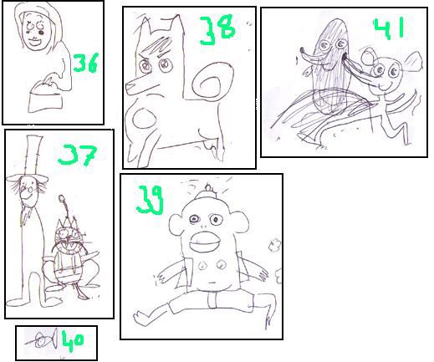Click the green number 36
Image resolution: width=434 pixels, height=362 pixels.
click(x=85, y=63)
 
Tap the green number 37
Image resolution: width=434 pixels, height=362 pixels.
click(x=77, y=155)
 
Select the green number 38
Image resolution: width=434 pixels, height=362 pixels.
click(x=217, y=30)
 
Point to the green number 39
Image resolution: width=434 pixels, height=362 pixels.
click(x=150, y=200)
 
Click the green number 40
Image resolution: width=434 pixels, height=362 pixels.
click(x=73, y=340)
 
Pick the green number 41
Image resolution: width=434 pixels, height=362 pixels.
click(x=389, y=28)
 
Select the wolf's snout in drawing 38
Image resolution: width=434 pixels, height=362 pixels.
click(x=133, y=86)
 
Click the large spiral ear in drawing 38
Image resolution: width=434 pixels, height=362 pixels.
click(x=212, y=81)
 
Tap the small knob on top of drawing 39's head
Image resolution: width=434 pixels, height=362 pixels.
click(x=208, y=188)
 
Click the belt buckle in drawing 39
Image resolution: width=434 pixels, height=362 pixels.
click(x=212, y=299)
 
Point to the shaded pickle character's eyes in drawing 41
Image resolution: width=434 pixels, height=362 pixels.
click(x=334, y=44)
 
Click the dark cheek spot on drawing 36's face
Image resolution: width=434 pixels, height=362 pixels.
click(x=41, y=33)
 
